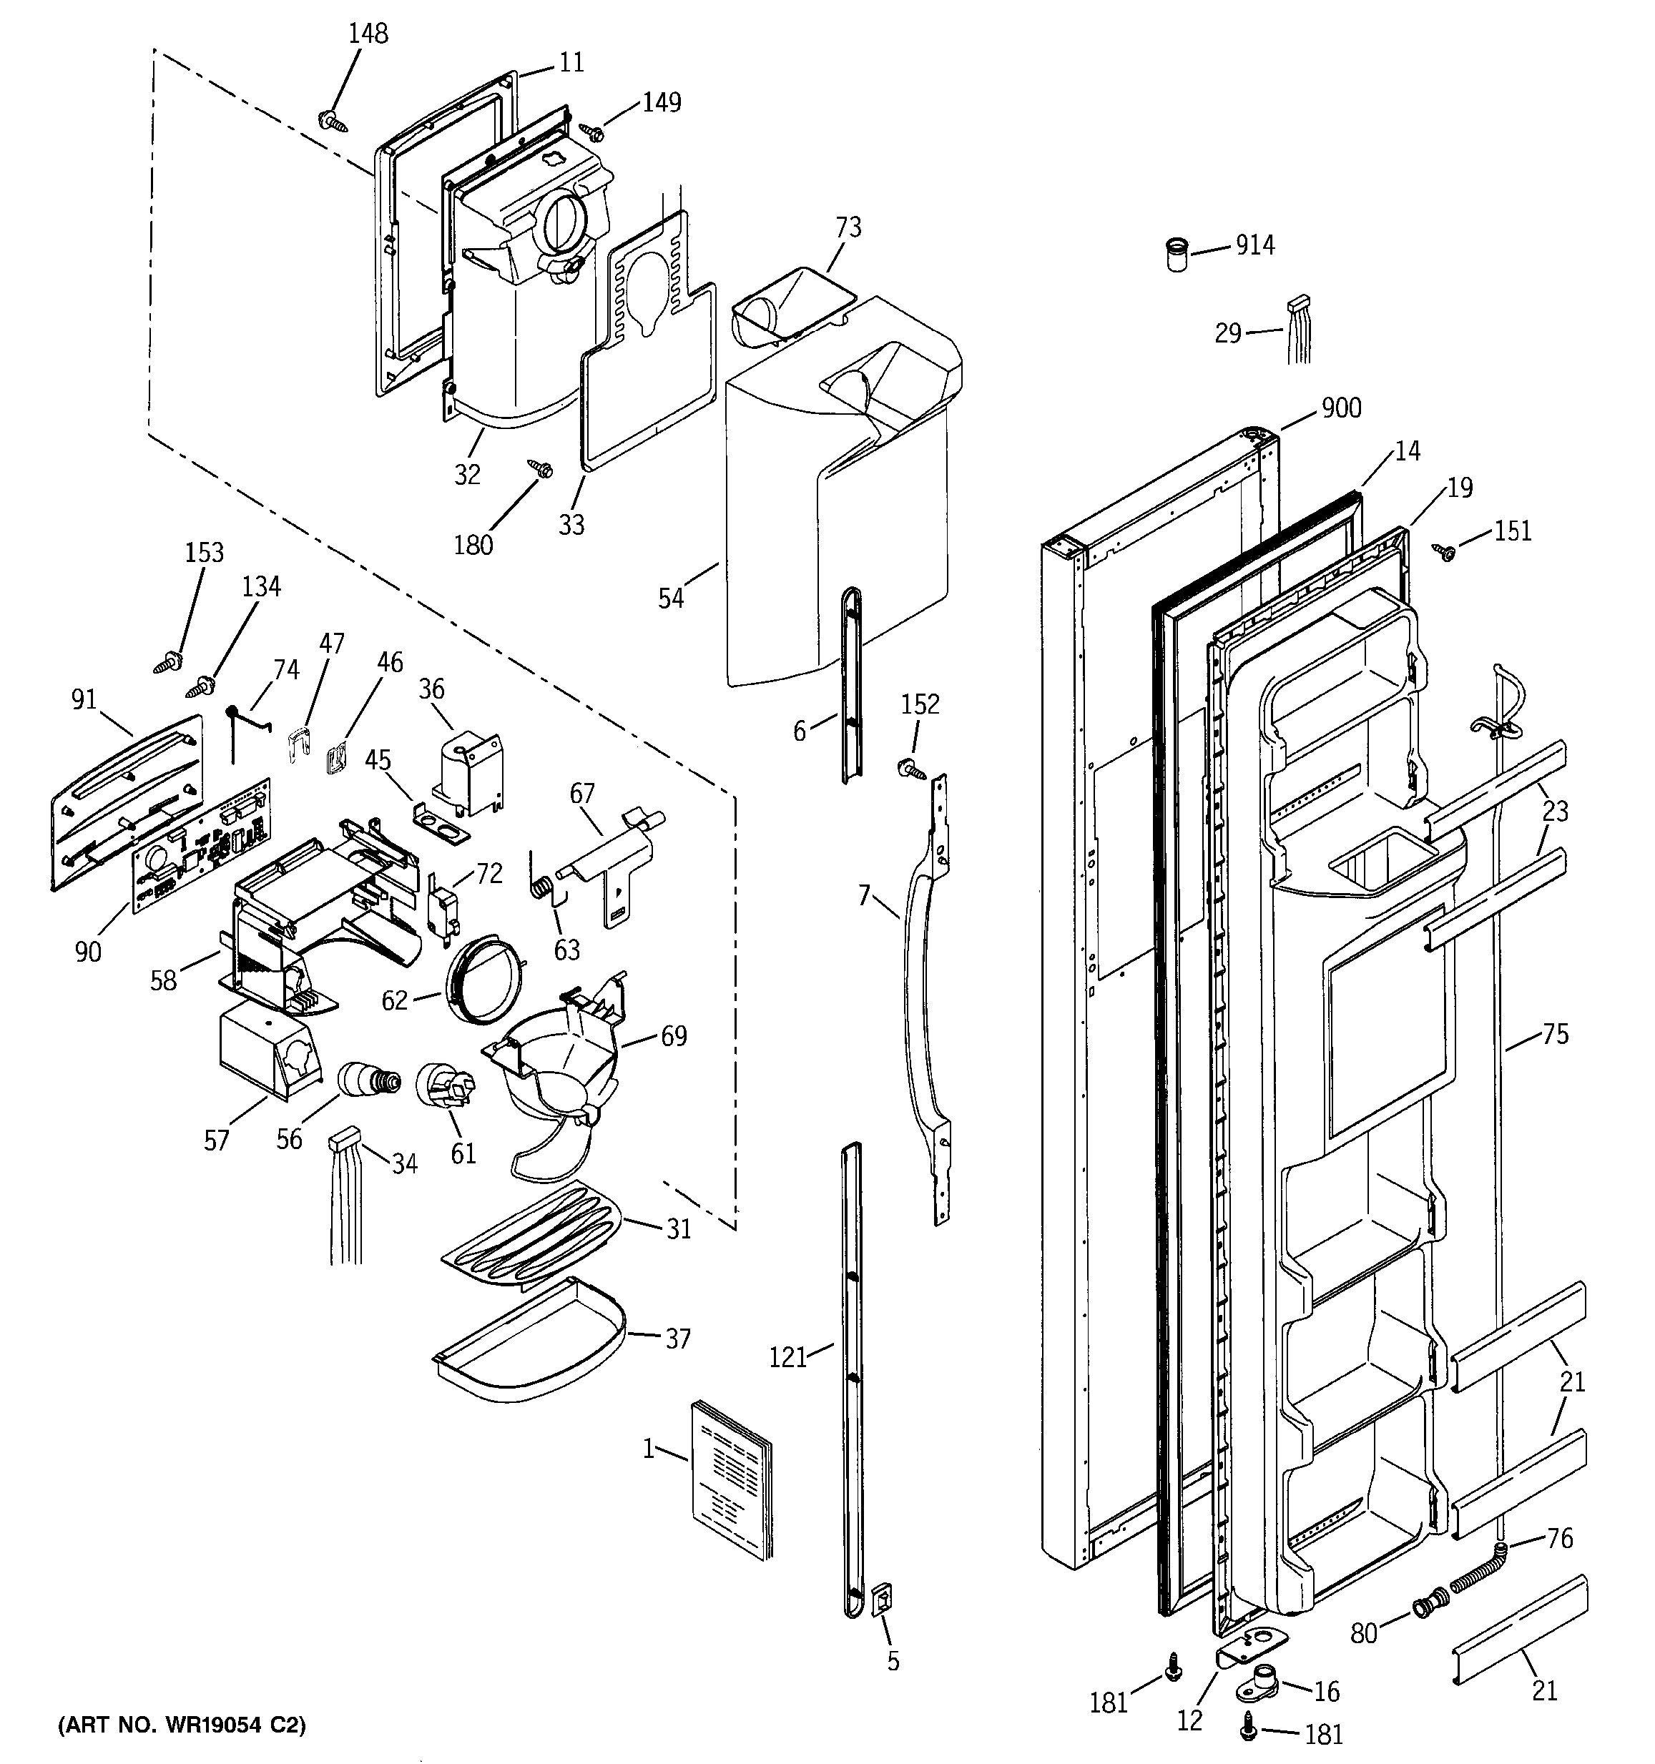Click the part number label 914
point(1254,245)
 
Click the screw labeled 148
point(331,120)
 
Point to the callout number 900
point(1341,408)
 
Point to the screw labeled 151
point(1444,552)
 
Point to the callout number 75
point(1555,1034)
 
